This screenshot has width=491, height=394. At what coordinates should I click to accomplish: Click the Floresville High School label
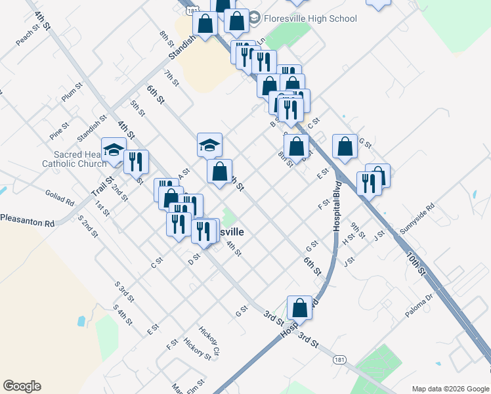pyautogui.click(x=310, y=18)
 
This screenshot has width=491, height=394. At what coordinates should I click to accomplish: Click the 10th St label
pyautogui.click(x=416, y=264)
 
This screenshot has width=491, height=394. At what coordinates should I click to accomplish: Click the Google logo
pyautogui.click(x=22, y=386)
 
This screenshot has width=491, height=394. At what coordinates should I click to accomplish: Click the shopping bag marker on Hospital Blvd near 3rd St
pyautogui.click(x=300, y=307)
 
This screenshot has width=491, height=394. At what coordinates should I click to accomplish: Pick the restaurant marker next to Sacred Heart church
pyautogui.click(x=136, y=161)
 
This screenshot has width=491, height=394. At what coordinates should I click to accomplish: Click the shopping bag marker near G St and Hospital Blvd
pyautogui.click(x=345, y=146)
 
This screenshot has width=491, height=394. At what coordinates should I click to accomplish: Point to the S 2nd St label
pyautogui.click(x=87, y=225)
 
